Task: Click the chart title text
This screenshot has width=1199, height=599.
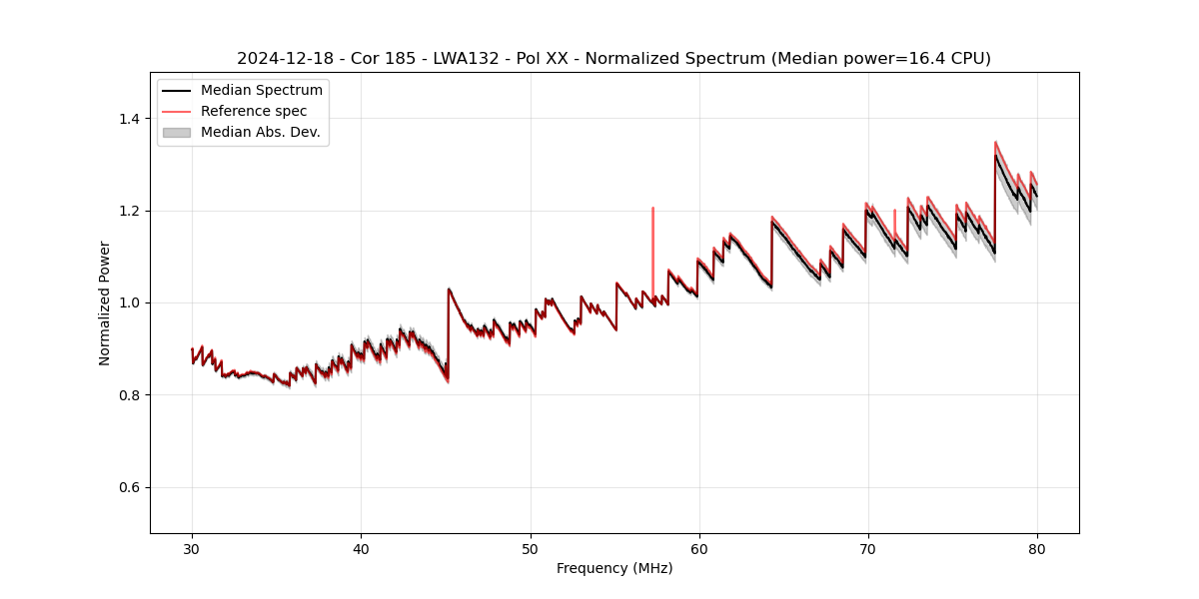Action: tap(613, 59)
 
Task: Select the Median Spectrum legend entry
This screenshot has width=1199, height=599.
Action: tap(261, 91)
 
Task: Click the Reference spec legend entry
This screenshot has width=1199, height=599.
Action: tap(254, 111)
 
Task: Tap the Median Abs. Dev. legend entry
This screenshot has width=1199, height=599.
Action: tap(260, 132)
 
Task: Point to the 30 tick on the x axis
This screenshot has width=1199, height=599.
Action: tap(192, 548)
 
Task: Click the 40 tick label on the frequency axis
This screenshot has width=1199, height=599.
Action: tap(361, 548)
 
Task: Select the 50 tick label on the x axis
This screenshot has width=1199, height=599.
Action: tap(530, 548)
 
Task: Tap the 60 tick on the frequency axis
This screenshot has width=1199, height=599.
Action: tap(698, 548)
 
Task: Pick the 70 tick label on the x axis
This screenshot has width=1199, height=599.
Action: tap(867, 548)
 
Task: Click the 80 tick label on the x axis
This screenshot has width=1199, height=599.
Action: tap(1036, 548)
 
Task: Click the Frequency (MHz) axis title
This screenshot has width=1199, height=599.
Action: tap(613, 569)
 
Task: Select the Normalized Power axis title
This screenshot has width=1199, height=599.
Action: tap(105, 302)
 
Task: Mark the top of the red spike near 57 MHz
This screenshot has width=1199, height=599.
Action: tap(652, 208)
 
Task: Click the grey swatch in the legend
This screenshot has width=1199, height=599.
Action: tap(176, 132)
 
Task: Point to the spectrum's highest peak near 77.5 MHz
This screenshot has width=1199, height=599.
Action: tap(995, 142)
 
